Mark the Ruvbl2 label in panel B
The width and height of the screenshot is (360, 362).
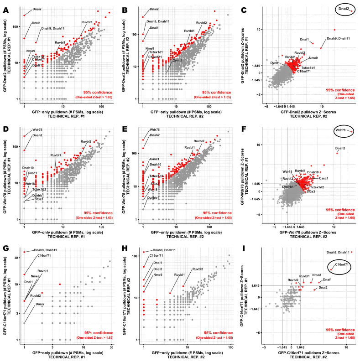click(202, 23)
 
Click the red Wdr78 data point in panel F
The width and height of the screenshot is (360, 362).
click(352, 132)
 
